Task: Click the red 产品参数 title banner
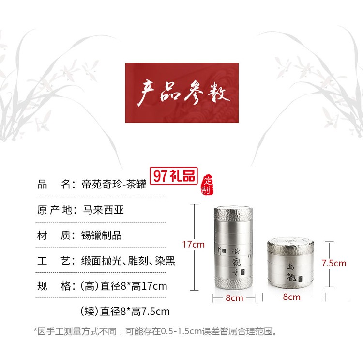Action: click(181, 93)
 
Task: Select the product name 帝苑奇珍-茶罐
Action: click(113, 184)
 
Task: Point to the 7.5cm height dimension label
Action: click(333, 264)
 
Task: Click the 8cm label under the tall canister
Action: click(234, 298)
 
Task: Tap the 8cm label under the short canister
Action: click(291, 297)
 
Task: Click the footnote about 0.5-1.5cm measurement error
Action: click(155, 332)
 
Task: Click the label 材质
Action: click(53, 236)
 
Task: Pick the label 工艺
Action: click(53, 262)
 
